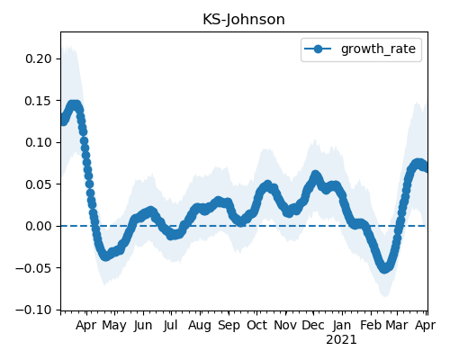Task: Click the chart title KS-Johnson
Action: click(244, 20)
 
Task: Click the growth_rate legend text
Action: click(378, 49)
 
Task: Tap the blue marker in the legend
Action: click(318, 49)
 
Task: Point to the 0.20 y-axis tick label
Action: click(39, 58)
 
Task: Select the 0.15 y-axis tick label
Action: click(39, 101)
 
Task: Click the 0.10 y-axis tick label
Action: click(39, 142)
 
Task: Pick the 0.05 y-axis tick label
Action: click(39, 184)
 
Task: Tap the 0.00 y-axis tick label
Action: click(39, 226)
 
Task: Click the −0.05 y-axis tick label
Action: click(33, 268)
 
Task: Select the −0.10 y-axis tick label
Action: click(33, 310)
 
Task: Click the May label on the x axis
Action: click(114, 326)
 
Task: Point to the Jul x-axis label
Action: click(171, 325)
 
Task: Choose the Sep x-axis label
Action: click(229, 326)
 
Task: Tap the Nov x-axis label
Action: click(285, 325)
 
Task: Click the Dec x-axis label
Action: click(313, 325)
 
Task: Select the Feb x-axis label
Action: click(371, 325)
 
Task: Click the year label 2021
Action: click(341, 340)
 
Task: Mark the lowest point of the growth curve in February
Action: click(384, 268)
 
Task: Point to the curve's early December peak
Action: click(315, 175)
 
